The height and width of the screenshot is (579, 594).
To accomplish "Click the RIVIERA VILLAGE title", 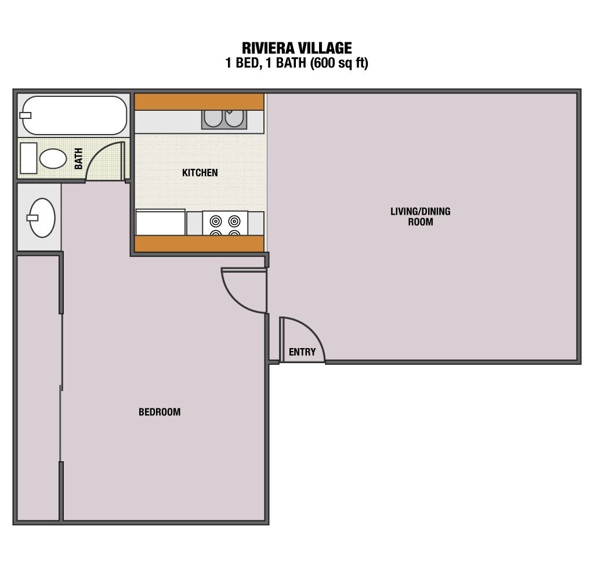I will click(296, 48).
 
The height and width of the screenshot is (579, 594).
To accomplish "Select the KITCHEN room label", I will click(200, 172).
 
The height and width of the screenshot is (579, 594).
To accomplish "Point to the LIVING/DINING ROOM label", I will click(420, 216).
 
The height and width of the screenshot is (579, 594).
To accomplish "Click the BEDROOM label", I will click(160, 412).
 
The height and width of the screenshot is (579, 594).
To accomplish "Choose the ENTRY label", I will click(302, 352).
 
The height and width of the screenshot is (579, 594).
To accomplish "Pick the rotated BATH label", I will click(79, 158).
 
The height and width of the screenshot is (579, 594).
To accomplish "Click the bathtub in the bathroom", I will click(74, 115).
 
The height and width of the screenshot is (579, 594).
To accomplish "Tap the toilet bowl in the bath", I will click(53, 158).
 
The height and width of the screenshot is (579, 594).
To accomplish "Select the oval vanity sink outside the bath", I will click(42, 218).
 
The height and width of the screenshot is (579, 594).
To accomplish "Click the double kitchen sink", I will click(224, 120).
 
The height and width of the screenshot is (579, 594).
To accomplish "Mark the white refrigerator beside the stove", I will click(161, 222).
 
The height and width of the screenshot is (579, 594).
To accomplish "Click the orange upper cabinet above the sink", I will click(199, 102).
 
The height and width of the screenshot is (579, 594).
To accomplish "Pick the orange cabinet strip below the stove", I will click(199, 244).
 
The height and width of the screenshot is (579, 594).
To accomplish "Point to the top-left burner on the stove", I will click(216, 220).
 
